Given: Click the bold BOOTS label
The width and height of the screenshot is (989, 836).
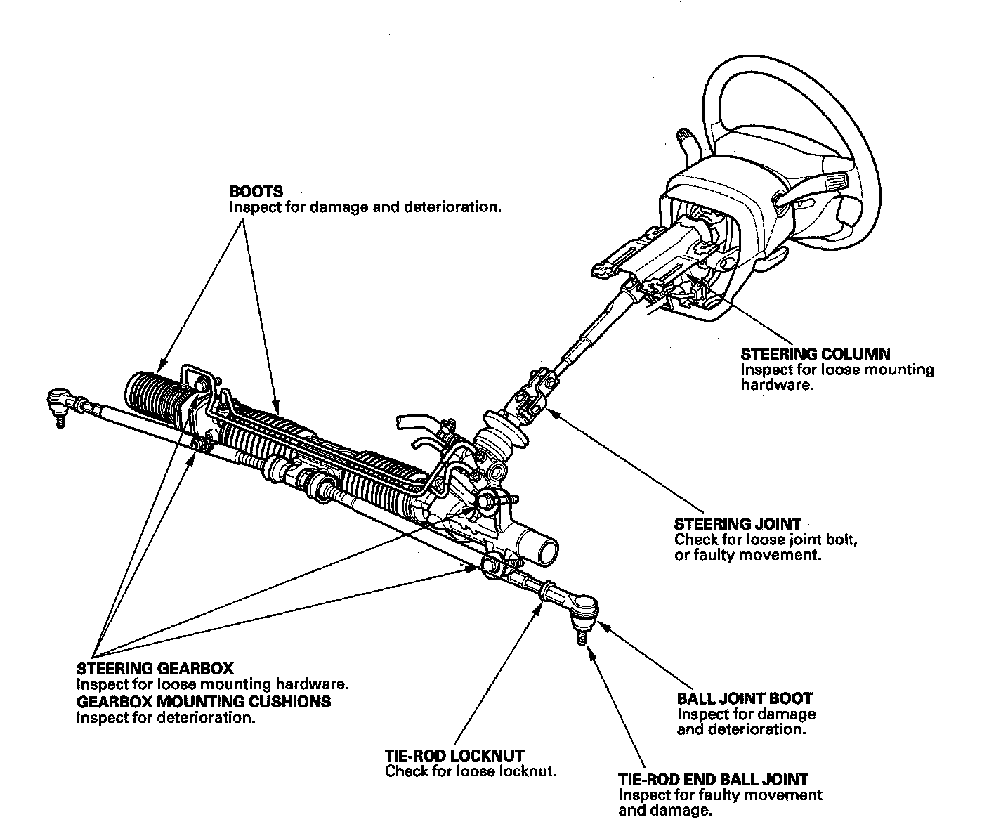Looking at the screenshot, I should (x=256, y=192).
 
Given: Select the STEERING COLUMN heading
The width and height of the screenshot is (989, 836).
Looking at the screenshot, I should (x=816, y=354).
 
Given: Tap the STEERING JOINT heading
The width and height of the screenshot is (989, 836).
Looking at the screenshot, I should (x=737, y=524).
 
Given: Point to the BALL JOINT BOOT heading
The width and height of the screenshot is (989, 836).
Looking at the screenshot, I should (x=745, y=698).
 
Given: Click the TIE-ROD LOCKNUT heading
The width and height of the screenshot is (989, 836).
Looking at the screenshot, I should (x=454, y=756).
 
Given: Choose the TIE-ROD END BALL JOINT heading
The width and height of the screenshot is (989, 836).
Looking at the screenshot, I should (x=713, y=779).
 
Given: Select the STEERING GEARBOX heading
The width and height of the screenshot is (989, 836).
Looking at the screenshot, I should (x=155, y=668).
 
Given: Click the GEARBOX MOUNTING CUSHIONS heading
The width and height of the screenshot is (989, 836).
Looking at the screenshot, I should (x=203, y=702).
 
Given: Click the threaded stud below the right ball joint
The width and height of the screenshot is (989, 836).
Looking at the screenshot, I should (x=582, y=636).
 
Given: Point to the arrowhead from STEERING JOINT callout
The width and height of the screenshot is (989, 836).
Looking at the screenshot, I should (x=547, y=414).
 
